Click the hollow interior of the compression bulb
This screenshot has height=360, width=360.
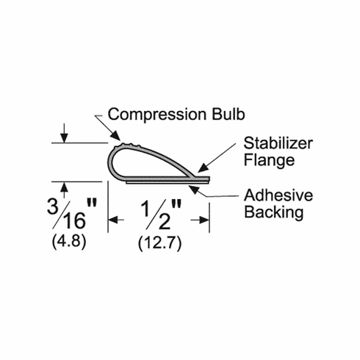[132, 162]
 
